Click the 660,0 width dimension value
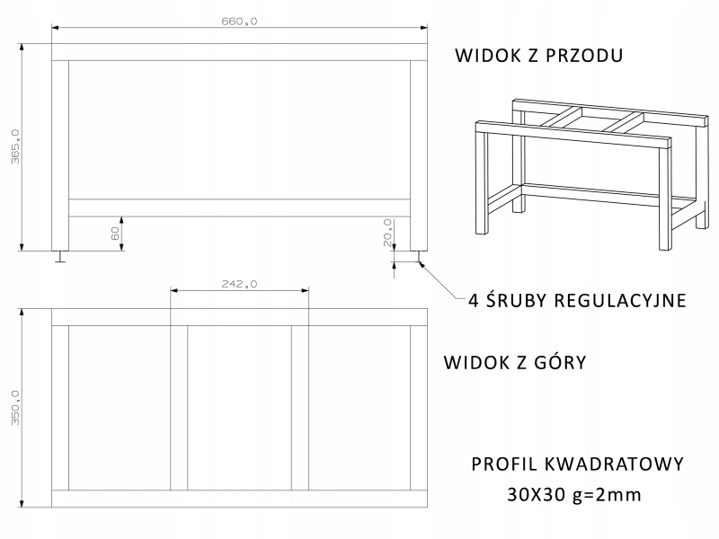(x=239, y=22)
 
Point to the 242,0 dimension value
(x=239, y=284)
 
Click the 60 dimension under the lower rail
(x=115, y=233)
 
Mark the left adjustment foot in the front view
(x=60, y=256)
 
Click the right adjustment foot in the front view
(x=418, y=256)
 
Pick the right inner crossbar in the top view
(x=300, y=407)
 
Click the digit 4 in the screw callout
(x=473, y=300)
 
